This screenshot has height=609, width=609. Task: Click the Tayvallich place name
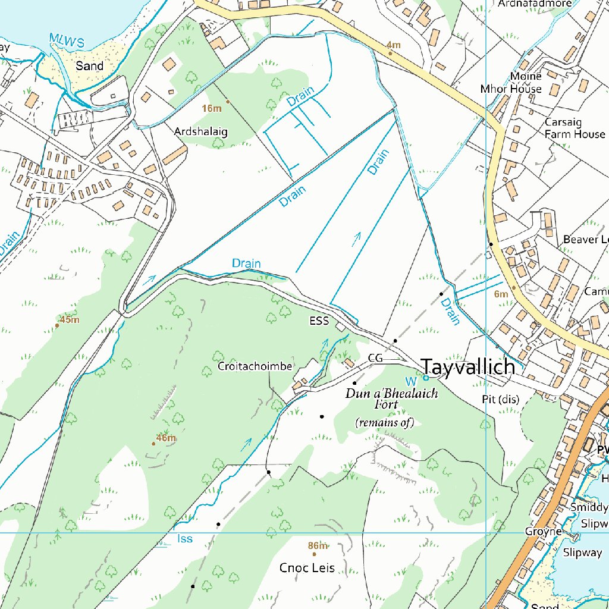(467, 367)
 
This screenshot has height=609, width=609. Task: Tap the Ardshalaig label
(201, 131)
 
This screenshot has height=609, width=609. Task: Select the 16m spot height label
(212, 108)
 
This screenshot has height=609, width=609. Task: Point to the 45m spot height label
(70, 320)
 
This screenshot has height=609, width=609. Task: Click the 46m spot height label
(166, 438)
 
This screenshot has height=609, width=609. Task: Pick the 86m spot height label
(318, 546)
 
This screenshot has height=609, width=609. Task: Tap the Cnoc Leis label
(307, 568)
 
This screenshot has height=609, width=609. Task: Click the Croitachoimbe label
(255, 366)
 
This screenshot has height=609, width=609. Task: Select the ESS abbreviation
(319, 321)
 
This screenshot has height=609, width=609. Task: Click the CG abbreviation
(375, 357)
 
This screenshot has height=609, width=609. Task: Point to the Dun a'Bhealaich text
(392, 394)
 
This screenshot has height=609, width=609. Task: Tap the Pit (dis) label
(500, 400)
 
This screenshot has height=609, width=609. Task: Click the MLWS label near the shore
(67, 40)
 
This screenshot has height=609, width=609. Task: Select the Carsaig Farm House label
(575, 128)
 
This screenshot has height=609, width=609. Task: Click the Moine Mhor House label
(511, 83)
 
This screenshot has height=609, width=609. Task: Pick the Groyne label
(543, 531)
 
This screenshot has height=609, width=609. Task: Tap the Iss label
(185, 539)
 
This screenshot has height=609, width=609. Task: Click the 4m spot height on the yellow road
(393, 45)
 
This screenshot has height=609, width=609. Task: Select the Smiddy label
(589, 507)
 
